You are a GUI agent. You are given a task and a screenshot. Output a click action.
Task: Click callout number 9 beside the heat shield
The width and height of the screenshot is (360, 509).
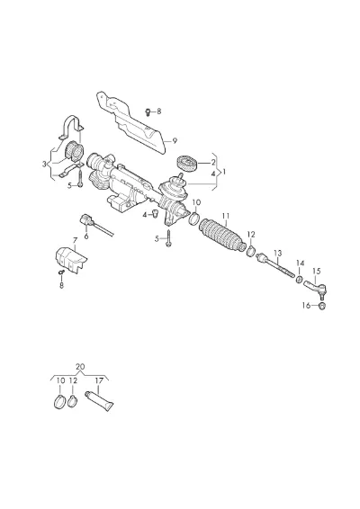pyautogui.click(x=175, y=141)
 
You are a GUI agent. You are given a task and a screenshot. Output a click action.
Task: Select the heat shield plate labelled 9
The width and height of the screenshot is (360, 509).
pyautogui.click(x=131, y=124)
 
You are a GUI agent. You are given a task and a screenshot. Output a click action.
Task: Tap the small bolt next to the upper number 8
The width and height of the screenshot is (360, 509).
pyautogui.click(x=148, y=112)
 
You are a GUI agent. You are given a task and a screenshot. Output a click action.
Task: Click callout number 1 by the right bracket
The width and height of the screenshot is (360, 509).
pyautogui.click(x=224, y=172)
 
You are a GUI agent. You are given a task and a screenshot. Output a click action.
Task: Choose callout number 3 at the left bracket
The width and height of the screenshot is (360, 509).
pyautogui.click(x=44, y=165)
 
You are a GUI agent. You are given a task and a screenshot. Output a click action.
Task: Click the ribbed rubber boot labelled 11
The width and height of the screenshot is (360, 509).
pyautogui.click(x=222, y=236)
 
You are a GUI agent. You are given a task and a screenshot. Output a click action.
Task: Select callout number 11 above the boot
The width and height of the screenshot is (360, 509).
pyautogui.click(x=226, y=216)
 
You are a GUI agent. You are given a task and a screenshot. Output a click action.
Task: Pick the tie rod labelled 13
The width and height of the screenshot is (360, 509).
pyautogui.click(x=274, y=266)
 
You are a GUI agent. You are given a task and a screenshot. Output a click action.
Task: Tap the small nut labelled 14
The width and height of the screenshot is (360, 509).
pyautogui.click(x=300, y=279)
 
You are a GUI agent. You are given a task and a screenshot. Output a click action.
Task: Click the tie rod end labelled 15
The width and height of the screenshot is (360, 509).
pyautogui.click(x=315, y=290)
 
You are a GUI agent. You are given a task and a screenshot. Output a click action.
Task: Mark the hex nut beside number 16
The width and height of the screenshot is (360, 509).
pyautogui.click(x=322, y=306)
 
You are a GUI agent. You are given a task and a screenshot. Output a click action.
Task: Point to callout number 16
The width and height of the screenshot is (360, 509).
pyautogui.click(x=306, y=306)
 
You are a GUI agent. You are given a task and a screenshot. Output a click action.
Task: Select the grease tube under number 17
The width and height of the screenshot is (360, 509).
pyautogui.click(x=99, y=401)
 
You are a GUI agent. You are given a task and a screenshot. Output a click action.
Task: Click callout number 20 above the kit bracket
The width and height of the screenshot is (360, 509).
pyautogui.click(x=80, y=367)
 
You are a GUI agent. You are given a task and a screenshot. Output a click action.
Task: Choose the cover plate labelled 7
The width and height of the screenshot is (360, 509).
pyautogui.click(x=71, y=260)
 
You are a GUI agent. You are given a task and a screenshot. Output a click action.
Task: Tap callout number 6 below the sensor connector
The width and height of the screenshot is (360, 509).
pyautogui.click(x=86, y=237)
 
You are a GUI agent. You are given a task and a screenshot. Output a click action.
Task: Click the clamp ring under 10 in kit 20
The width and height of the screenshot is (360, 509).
pyautogui.click(x=59, y=402)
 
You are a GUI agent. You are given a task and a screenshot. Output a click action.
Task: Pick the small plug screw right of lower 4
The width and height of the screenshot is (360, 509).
pyautogui.click(x=155, y=214)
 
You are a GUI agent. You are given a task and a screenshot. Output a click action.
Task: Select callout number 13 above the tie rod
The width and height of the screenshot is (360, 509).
pyautogui.click(x=278, y=253)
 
